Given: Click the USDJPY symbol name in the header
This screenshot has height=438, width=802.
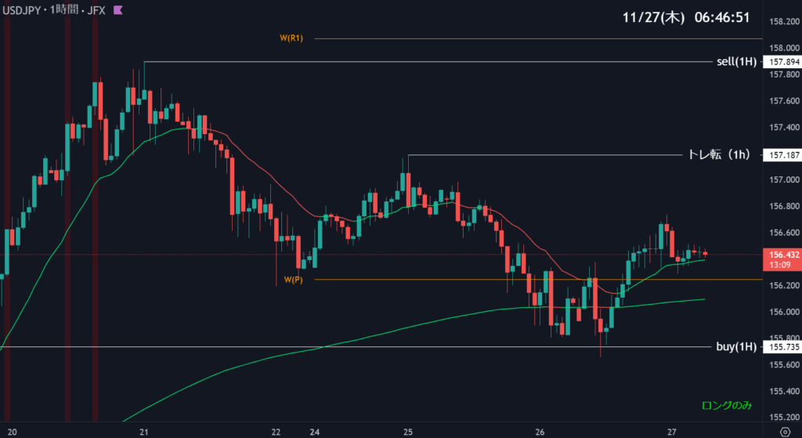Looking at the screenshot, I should coord(23,10).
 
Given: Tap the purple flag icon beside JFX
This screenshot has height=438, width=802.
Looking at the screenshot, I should coord(117,10).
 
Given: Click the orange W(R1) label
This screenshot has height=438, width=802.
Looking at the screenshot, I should coord(291,38).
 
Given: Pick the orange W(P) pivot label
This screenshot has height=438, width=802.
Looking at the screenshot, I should coord(293,280).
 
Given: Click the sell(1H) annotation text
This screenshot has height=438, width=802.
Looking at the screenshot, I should coord(736,62).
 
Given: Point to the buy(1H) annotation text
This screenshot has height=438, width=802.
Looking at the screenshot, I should coord(736,346).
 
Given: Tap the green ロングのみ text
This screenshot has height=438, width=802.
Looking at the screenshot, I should coord(725,405).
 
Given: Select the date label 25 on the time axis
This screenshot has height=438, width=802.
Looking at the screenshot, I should coord(408,432).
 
